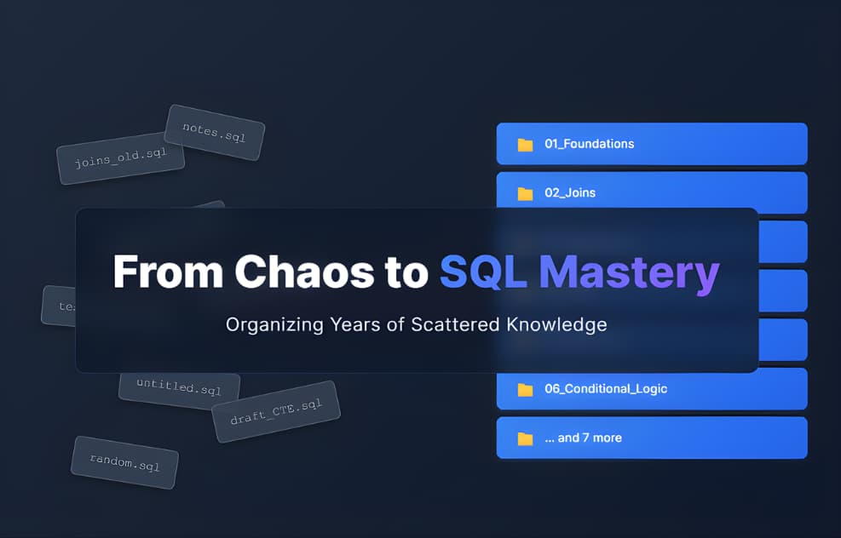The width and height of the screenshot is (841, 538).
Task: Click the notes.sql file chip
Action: pos(214,132)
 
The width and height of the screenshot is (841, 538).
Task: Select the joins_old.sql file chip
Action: pos(120,158)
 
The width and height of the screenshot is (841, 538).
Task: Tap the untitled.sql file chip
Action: pos(179,388)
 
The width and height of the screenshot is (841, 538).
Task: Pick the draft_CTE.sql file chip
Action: pos(275,411)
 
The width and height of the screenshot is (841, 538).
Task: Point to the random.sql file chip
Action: pos(124,462)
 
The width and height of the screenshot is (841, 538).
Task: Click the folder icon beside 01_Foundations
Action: pos(525,144)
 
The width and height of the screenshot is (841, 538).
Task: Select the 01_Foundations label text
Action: pos(589,144)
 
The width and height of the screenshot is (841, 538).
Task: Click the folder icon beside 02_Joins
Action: pos(525,193)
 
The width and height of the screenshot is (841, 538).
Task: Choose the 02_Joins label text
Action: pos(570,193)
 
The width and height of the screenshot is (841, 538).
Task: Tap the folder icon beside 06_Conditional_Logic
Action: pos(525,389)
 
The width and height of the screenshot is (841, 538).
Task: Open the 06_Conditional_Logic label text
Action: pos(606,389)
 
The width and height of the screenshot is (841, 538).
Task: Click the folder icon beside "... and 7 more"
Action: pos(525,438)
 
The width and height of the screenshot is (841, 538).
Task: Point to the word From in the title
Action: pos(167,272)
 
